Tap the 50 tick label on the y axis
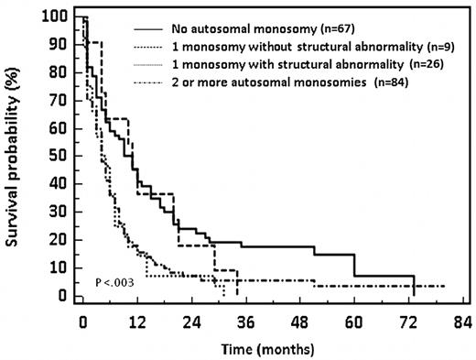[x=59, y=157]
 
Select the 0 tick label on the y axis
[x=63, y=296]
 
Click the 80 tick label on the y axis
[x=59, y=73]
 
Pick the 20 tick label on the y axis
[x=59, y=240]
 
